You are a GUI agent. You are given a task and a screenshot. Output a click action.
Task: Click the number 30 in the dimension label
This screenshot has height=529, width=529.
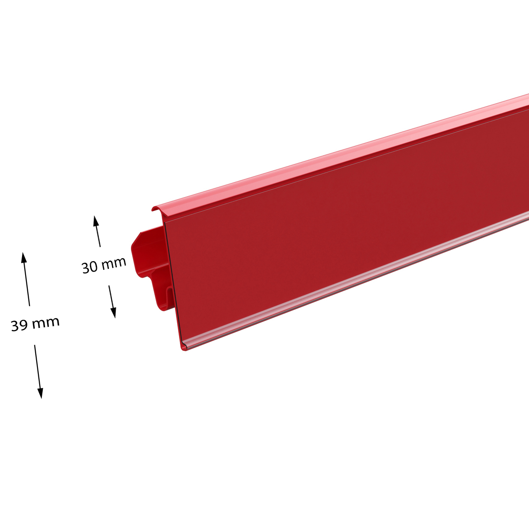(90, 268)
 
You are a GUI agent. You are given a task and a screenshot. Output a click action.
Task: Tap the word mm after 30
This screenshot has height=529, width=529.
(114, 264)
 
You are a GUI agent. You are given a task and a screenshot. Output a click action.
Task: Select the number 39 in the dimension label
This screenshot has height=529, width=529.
(19, 326)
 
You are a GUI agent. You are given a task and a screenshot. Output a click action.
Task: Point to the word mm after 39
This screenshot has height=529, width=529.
(45, 322)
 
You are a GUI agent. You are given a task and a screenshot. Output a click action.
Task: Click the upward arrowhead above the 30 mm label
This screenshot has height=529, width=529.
(96, 221)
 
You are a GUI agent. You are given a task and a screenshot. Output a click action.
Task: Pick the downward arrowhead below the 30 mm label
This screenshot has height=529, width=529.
(113, 313)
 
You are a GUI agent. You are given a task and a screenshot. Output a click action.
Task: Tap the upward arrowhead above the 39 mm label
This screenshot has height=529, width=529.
(24, 258)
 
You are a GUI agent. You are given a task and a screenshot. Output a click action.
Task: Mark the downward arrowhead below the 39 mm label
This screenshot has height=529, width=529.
(41, 393)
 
